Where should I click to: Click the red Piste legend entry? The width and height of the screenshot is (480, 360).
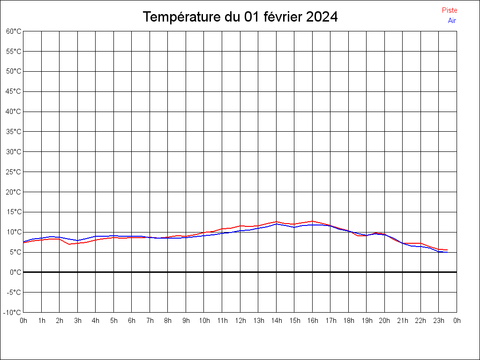tap(450, 10)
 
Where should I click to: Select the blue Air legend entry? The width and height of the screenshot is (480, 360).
tap(452, 21)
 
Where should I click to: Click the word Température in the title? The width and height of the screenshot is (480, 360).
tap(181, 17)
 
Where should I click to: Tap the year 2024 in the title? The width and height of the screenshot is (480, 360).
tap(322, 16)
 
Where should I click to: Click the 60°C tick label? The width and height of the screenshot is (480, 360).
tap(14, 31)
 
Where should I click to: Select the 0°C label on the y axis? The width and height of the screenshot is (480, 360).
tap(15, 272)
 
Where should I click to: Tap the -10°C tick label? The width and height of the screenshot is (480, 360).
tap(12, 313)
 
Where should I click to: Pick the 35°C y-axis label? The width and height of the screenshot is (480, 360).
tap(14, 132)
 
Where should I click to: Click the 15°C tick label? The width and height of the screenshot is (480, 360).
tap(14, 212)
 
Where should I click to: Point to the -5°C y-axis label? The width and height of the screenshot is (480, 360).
tap(14, 292)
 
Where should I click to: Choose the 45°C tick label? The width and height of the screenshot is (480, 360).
tap(14, 91)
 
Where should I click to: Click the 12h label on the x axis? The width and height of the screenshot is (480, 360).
tap(240, 321)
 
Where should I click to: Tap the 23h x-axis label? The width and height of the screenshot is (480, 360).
tap(439, 321)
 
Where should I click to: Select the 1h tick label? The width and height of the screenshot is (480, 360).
tap(42, 321)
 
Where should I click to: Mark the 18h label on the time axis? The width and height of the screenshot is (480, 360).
tap(349, 321)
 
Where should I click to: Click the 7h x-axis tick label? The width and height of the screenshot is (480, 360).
tap(150, 321)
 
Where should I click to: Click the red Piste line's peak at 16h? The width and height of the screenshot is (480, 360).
tap(312, 221)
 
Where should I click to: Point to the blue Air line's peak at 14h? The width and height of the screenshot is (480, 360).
tap(277, 224)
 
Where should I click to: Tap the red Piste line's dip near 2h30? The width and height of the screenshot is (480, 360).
tap(69, 244)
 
